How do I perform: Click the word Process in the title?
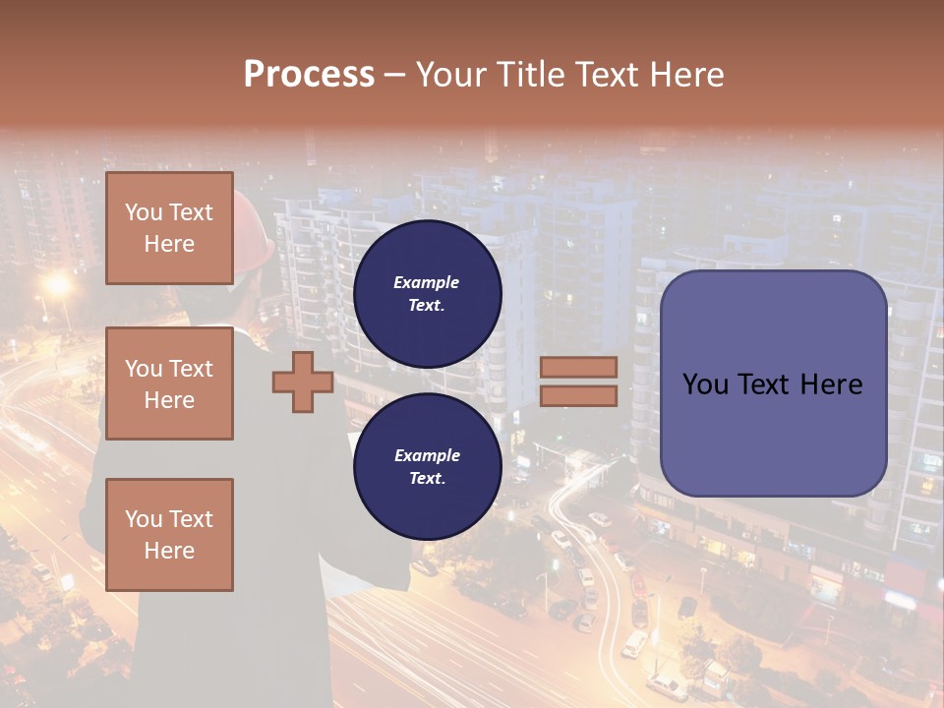(x=309, y=75)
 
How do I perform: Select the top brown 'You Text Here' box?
(x=169, y=228)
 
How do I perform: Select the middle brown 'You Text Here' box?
(x=169, y=383)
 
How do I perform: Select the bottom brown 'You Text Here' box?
(x=169, y=534)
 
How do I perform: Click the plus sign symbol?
(x=302, y=383)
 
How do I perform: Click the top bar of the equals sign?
(x=578, y=368)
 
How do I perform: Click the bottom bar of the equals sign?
(x=578, y=395)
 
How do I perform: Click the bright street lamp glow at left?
(x=58, y=286)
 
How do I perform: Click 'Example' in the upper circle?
(x=426, y=282)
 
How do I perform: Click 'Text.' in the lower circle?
(x=427, y=478)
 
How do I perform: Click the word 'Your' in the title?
(x=451, y=75)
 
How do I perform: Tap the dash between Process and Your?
(x=394, y=75)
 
